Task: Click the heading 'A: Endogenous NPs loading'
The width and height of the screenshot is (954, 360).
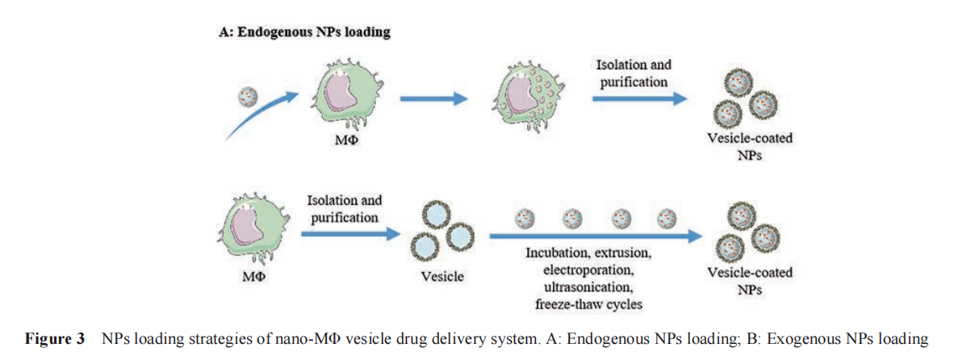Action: pyautogui.click(x=305, y=33)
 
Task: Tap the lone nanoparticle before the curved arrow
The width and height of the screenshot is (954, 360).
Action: pyautogui.click(x=247, y=97)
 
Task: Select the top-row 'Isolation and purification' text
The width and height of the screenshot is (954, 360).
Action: pyautogui.click(x=634, y=73)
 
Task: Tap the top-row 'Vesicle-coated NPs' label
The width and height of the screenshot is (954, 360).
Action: pyautogui.click(x=750, y=146)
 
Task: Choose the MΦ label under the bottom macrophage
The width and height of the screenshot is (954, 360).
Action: pyautogui.click(x=253, y=278)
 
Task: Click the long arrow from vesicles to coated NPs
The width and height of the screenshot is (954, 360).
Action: pyautogui.click(x=593, y=237)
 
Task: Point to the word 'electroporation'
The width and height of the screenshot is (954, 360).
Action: pyautogui.click(x=593, y=270)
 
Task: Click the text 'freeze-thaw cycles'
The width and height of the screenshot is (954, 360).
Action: pyautogui.click(x=593, y=304)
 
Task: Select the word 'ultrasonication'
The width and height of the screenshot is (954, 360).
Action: pyautogui.click(x=593, y=287)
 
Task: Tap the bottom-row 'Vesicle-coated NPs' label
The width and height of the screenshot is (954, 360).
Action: pyautogui.click(x=750, y=280)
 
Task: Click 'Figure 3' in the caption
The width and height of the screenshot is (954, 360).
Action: pyautogui.click(x=54, y=339)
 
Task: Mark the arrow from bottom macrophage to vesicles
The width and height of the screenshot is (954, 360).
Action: pyautogui.click(x=350, y=234)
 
